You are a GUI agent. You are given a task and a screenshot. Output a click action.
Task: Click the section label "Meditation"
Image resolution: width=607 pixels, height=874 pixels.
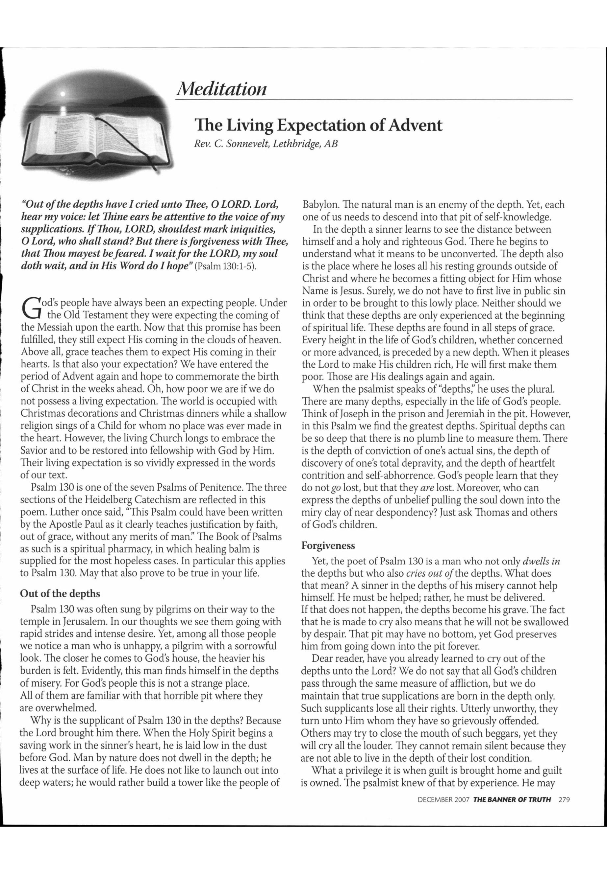point(221,89)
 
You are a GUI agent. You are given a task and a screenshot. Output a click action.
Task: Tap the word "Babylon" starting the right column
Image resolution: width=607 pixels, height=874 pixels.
point(319,205)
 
